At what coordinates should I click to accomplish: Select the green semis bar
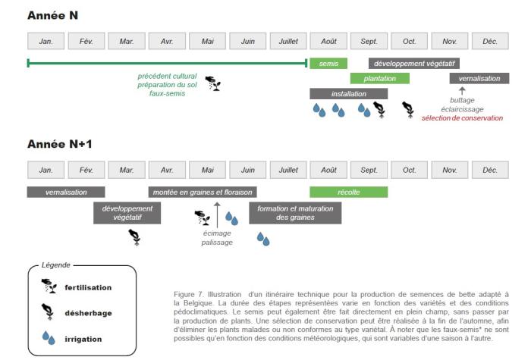328,64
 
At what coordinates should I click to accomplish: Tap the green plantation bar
379,78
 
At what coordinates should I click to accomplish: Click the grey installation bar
348,93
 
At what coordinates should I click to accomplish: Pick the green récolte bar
348,192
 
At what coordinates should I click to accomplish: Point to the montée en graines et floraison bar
202,192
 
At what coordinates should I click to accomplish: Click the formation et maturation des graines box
295,213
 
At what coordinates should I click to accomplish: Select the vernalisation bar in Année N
479,78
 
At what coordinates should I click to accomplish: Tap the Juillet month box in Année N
288,41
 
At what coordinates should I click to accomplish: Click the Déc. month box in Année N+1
490,170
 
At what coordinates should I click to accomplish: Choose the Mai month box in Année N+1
208,170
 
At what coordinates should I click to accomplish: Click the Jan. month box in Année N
46,41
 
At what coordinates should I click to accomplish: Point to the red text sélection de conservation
462,117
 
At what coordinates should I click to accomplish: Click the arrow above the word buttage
462,91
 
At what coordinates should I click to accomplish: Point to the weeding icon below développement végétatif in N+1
134,236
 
